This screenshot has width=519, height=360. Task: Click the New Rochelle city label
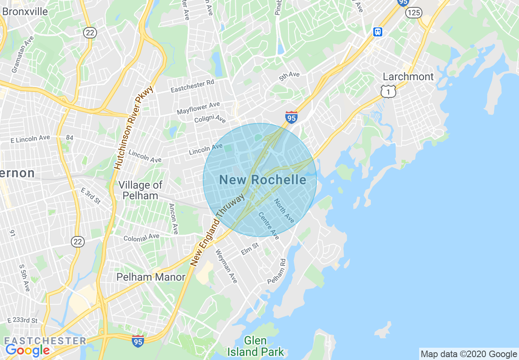tap(262, 180)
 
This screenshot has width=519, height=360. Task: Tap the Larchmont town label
tap(408, 76)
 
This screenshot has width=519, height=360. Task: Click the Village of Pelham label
tap(140, 190)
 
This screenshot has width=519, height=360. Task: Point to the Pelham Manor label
tap(151, 277)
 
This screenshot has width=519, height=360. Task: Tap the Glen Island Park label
tap(255, 346)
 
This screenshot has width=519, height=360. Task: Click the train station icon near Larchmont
tap(377, 32)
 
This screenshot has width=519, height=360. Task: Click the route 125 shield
tap(413, 13)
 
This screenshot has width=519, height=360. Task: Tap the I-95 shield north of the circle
tap(291, 117)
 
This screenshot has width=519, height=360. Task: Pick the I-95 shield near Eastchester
tap(138, 340)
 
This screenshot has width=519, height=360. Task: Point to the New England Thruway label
tap(218, 229)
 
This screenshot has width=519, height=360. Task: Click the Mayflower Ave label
tap(198, 108)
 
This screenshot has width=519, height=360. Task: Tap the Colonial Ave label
tap(141, 237)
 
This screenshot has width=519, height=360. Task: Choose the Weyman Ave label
tap(226, 266)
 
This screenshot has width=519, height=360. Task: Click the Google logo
tap(27, 350)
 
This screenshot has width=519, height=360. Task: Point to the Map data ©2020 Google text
tap(469, 354)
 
